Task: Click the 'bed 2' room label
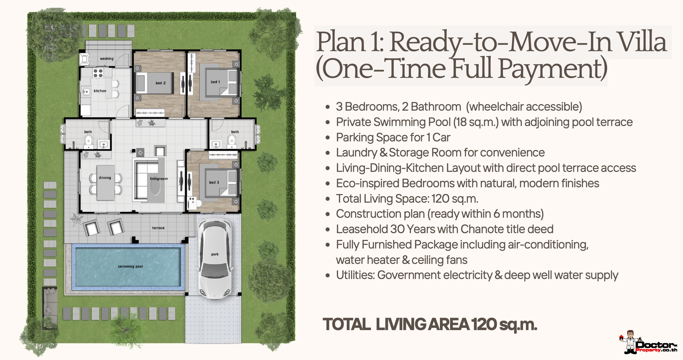click(x=161, y=83)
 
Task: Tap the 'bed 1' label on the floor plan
click(x=215, y=82)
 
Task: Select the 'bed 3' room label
click(x=214, y=182)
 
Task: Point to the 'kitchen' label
click(x=100, y=91)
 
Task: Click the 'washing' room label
click(x=107, y=59)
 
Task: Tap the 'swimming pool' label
click(x=130, y=267)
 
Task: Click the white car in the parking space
click(x=215, y=258)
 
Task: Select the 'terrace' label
click(x=158, y=228)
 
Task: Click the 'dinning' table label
click(x=105, y=178)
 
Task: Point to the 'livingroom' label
click(x=159, y=179)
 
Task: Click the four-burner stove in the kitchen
click(x=98, y=73)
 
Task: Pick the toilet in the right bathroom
click(x=231, y=141)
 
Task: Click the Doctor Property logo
click(x=648, y=342)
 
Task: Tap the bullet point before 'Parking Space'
click(x=328, y=138)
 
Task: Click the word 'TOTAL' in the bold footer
click(x=346, y=324)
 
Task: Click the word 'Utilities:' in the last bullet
click(x=355, y=275)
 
